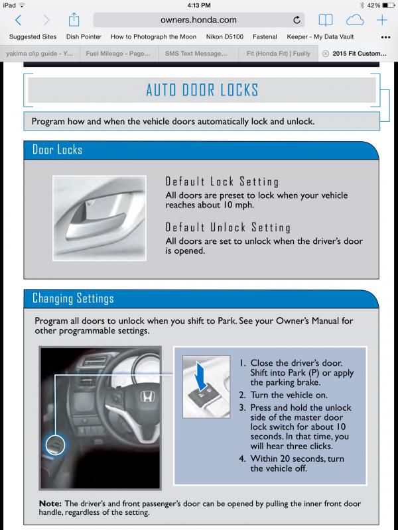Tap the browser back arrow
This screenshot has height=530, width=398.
click(19, 21)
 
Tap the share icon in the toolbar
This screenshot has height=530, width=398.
click(74, 20)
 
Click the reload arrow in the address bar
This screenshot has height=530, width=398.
click(297, 20)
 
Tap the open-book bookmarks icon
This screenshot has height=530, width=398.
click(326, 21)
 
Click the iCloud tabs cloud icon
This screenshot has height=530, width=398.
click(355, 21)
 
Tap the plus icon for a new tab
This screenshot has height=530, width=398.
click(382, 21)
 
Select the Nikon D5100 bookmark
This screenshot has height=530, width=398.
click(225, 37)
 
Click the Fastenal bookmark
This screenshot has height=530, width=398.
click(265, 37)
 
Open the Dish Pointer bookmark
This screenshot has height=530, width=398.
click(84, 37)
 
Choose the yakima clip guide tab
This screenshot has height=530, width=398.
click(40, 54)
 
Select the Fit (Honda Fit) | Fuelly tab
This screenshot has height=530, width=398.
click(278, 54)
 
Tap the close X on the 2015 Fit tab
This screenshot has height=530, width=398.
click(326, 54)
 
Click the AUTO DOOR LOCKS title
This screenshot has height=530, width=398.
click(202, 90)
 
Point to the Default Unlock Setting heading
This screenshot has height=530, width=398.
click(228, 227)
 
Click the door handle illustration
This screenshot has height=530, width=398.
click(99, 218)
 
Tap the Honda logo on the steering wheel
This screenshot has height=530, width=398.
click(147, 396)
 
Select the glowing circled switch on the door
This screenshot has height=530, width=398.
click(55, 445)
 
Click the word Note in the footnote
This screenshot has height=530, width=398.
click(50, 503)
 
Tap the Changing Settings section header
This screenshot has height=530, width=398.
click(73, 299)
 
